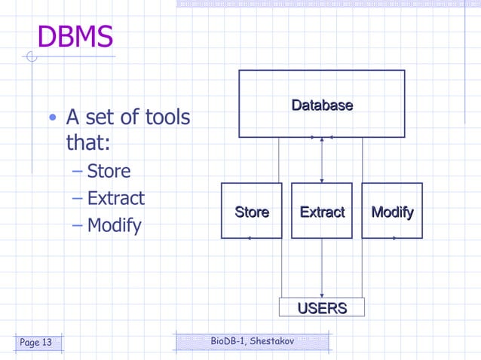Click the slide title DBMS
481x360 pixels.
pyautogui.click(x=75, y=37)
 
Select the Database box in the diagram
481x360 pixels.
pyautogui.click(x=322, y=104)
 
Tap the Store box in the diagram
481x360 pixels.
pyautogui.click(x=251, y=211)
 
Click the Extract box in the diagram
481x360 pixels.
pyautogui.click(x=322, y=211)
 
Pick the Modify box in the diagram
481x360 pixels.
pyautogui.click(x=392, y=211)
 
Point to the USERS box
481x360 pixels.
pyautogui.click(x=322, y=307)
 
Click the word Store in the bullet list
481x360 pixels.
pyautogui.click(x=109, y=172)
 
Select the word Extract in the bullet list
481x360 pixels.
pyautogui.click(x=115, y=199)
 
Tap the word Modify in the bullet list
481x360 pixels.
pyautogui.click(x=114, y=225)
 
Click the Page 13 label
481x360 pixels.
pyautogui.click(x=36, y=343)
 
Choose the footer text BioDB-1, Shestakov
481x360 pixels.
pyautogui.click(x=252, y=342)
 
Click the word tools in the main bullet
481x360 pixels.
pyautogui.click(x=167, y=117)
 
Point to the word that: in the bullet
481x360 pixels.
pyautogui.click(x=88, y=143)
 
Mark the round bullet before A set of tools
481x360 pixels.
pyautogui.click(x=52, y=118)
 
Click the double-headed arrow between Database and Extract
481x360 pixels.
pyautogui.click(x=322, y=160)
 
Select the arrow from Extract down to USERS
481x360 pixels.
pyautogui.click(x=322, y=267)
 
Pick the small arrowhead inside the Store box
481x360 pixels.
pyautogui.click(x=249, y=238)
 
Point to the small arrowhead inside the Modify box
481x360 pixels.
pyautogui.click(x=394, y=238)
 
